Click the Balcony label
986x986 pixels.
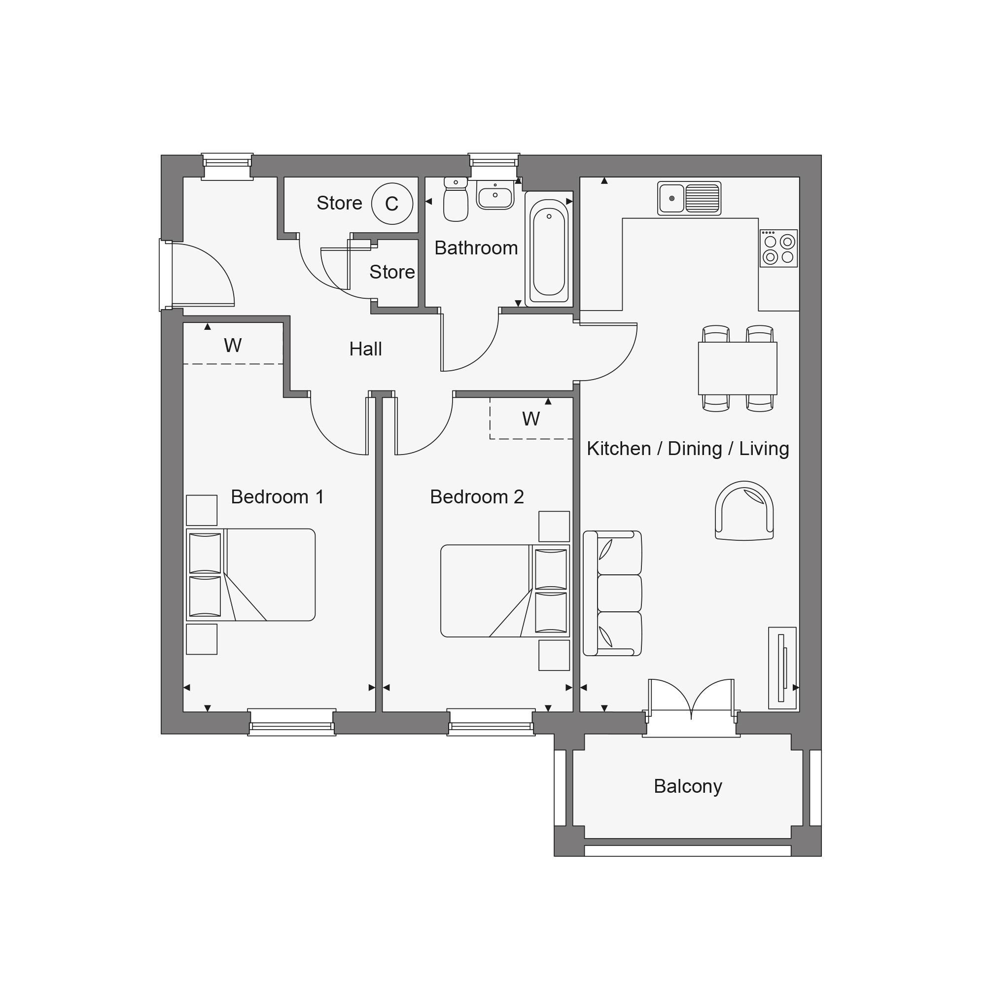687,786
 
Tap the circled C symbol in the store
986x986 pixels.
392,204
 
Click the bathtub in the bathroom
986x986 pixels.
549,248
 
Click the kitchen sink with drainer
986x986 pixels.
689,198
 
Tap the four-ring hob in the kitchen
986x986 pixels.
779,248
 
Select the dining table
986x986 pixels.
738,368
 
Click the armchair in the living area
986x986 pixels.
744,510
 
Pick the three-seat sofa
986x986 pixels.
612,593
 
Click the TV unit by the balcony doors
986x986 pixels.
782,668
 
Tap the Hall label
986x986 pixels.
365,349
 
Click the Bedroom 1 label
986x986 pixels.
277,496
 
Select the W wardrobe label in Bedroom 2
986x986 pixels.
531,419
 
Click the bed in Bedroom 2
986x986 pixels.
505,591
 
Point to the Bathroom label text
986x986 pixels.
476,248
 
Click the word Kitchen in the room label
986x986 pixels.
619,449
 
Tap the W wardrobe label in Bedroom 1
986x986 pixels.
233,346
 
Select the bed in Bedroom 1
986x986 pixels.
250,575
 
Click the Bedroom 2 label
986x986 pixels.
477,496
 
